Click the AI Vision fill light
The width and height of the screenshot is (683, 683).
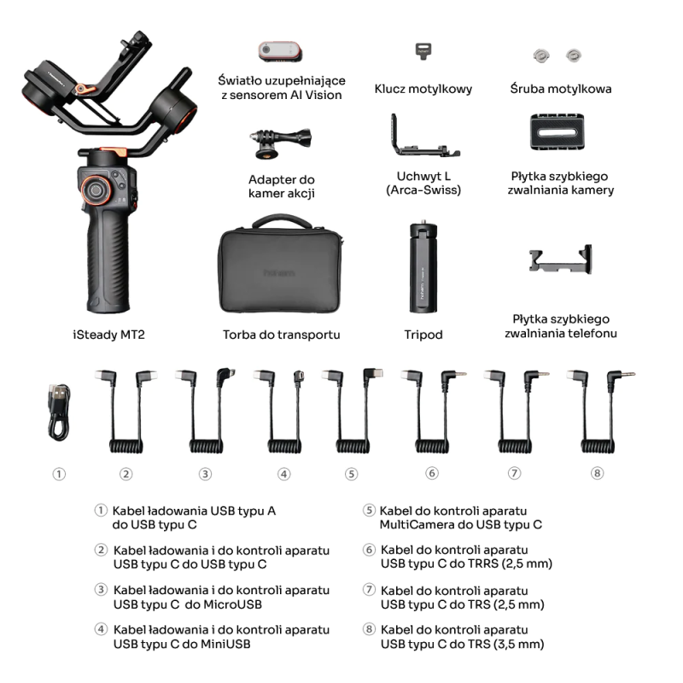click(280, 51)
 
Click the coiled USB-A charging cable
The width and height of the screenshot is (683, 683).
click(59, 412)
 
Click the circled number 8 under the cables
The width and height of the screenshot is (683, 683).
click(597, 473)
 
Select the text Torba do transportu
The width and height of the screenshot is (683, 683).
click(281, 335)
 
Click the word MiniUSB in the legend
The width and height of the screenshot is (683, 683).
click(225, 644)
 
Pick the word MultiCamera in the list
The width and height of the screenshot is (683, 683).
click(419, 524)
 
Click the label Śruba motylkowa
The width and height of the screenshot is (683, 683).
click(560, 89)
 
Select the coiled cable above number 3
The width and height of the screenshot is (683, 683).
click(205, 414)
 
